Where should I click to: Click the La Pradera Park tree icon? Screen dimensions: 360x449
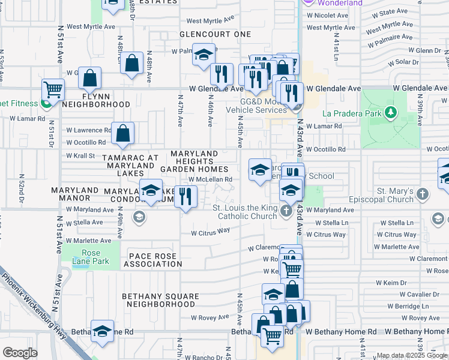391,112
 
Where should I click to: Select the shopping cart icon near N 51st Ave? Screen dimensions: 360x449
53,89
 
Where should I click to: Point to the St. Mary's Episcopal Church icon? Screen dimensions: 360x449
423,193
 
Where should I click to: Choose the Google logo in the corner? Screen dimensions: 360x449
20,353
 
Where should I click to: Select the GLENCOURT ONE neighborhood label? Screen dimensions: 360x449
215,34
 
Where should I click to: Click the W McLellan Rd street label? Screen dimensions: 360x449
210,179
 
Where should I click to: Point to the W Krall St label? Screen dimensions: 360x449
80,156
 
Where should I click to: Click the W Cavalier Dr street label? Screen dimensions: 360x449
419,294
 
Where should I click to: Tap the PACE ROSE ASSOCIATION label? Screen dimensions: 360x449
153,260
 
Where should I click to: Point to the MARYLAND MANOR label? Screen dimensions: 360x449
75,194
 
